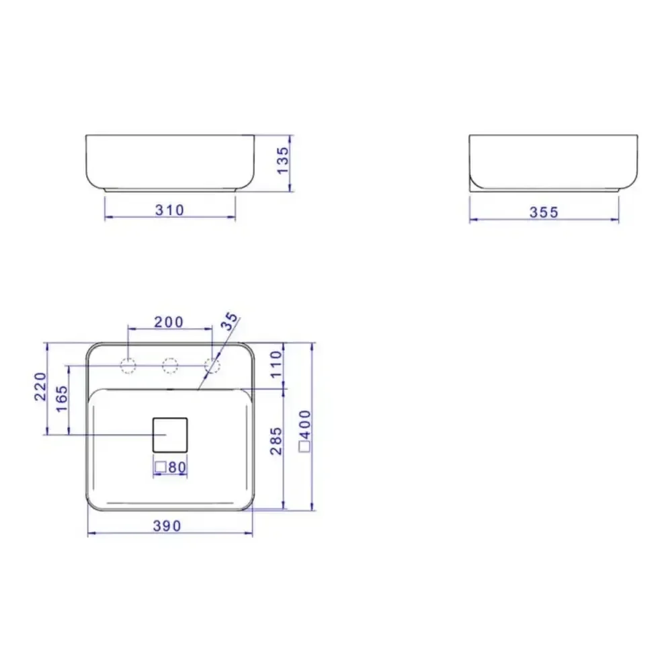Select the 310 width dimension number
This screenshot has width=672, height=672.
169,210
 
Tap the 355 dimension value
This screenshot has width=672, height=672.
544,212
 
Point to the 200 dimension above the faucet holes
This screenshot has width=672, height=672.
169,322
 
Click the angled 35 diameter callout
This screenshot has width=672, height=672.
230,321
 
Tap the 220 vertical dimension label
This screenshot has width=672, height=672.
40,386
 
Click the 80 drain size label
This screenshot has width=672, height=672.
177,467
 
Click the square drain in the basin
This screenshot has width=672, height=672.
170,434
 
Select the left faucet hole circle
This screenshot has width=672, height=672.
128,366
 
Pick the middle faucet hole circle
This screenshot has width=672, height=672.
170,366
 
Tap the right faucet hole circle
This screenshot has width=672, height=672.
212,366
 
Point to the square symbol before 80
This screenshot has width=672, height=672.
161,467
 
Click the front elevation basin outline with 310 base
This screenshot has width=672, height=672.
171,163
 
